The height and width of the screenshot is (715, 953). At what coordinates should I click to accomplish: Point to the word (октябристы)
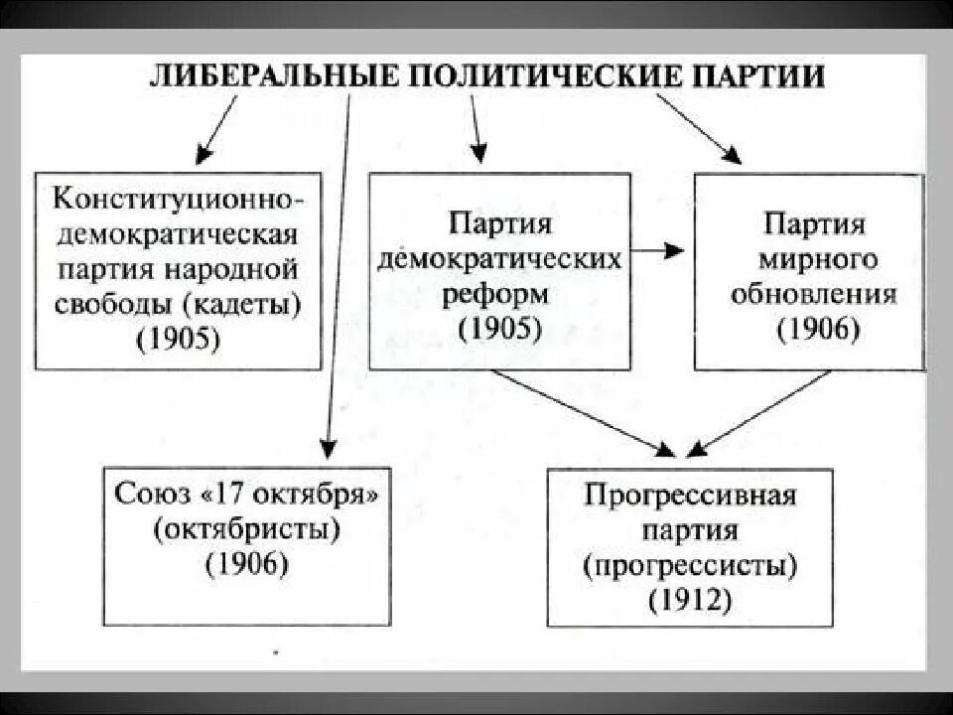[x=247, y=528]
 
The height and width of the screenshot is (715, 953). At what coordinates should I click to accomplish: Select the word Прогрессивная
[x=690, y=495]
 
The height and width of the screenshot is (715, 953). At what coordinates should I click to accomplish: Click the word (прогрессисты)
[x=690, y=565]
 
